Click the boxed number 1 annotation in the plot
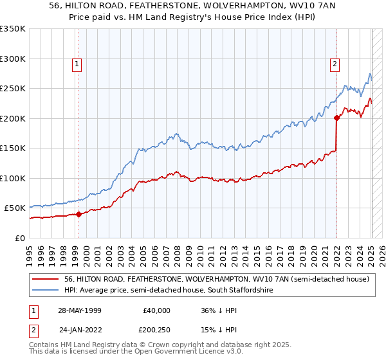click(77, 64)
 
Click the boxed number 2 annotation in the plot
click(336, 64)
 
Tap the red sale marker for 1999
click(79, 214)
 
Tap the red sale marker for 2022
click(336, 118)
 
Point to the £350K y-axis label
click(13, 29)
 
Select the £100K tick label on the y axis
click(13, 178)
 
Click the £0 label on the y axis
click(19, 238)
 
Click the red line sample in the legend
click(45, 279)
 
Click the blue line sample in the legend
click(45, 291)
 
